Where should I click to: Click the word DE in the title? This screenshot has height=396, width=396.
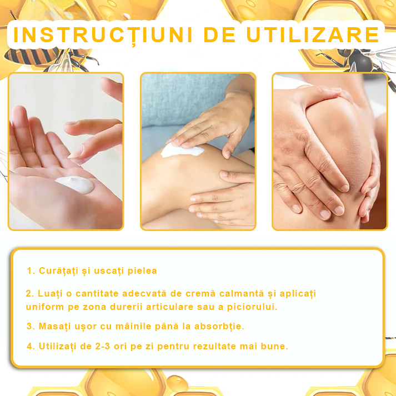point(222,34)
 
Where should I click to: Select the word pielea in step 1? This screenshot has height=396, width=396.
point(139,271)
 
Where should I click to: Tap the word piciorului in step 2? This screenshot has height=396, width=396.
point(249,307)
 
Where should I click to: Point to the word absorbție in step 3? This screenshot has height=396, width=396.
point(219,326)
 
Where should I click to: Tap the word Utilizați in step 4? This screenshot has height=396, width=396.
point(58,346)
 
